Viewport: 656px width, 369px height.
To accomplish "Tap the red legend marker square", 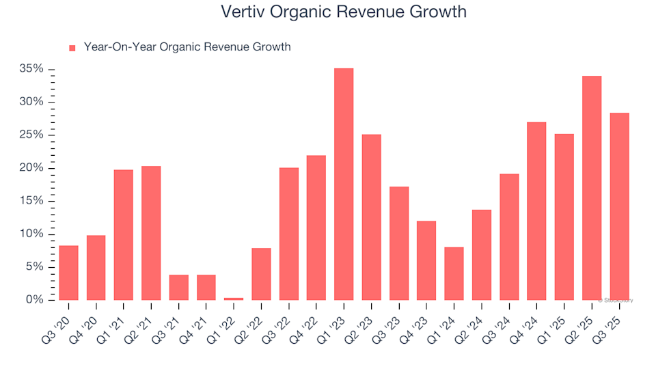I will (x=72, y=48).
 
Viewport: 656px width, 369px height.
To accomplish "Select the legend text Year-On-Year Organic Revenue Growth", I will (x=187, y=47).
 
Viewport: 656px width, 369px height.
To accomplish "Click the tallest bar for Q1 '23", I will (x=344, y=184).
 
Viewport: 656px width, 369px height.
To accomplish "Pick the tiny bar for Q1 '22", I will (x=234, y=299).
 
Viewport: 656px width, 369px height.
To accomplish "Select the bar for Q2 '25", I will (x=592, y=188).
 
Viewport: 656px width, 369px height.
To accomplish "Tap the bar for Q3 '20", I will (x=68, y=273).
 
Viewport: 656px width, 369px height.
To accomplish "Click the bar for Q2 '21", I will (x=151, y=233).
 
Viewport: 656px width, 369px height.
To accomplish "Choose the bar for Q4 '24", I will (x=536, y=211).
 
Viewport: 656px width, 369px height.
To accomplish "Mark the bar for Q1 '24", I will (x=454, y=273).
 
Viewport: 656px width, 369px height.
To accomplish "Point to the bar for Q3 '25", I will (x=619, y=206).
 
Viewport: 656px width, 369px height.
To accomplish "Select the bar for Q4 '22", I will (x=316, y=228).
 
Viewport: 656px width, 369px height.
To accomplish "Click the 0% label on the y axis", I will (x=36, y=300).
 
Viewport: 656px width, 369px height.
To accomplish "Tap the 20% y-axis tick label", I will (x=32, y=168).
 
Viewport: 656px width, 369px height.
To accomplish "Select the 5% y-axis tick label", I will (x=35, y=267).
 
